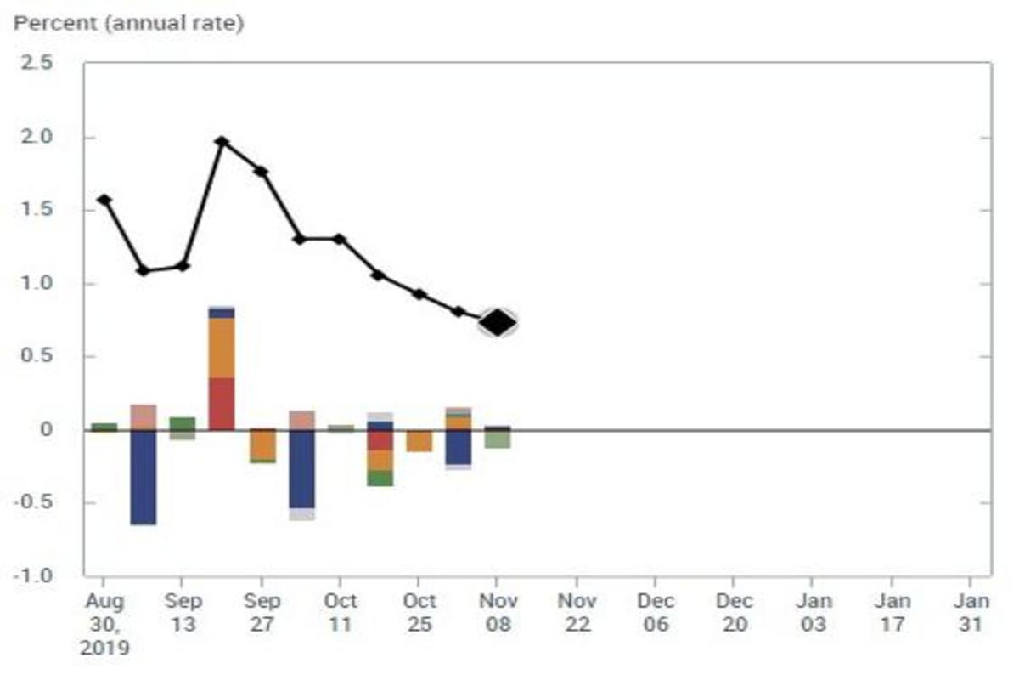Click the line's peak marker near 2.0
222,142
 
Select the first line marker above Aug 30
104,201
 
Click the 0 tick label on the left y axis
46,430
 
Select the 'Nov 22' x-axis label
577,612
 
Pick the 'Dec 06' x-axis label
656,612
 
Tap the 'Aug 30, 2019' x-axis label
104,624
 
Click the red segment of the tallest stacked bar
222,404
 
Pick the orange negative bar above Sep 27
262,445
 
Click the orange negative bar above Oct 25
419,440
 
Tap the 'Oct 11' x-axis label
340,612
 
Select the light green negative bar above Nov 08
498,439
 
